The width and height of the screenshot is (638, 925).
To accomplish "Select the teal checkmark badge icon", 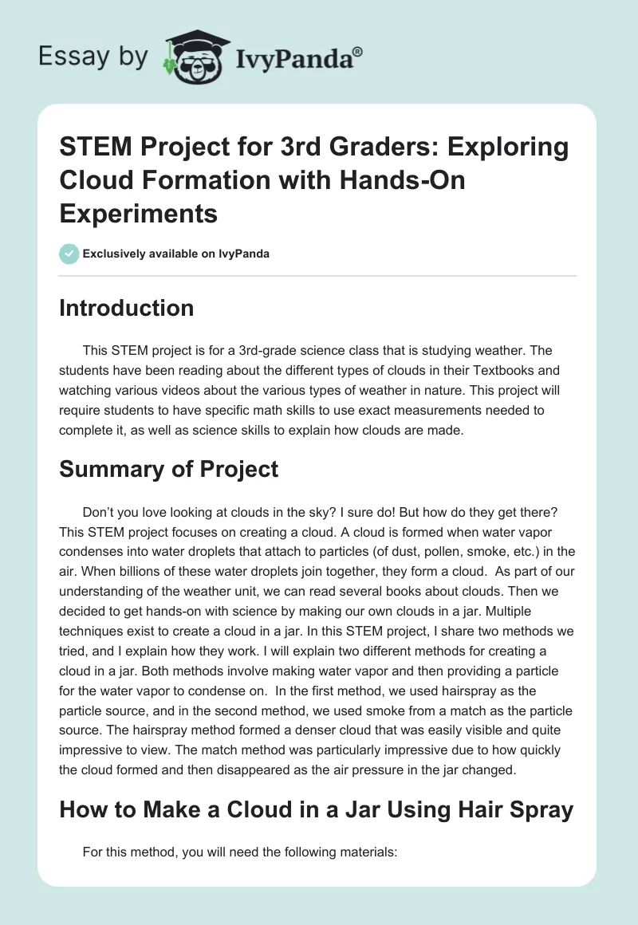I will pos(69,254).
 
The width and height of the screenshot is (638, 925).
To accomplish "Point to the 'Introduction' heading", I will pos(126,309).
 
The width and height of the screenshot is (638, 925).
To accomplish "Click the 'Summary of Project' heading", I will pos(168,469).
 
